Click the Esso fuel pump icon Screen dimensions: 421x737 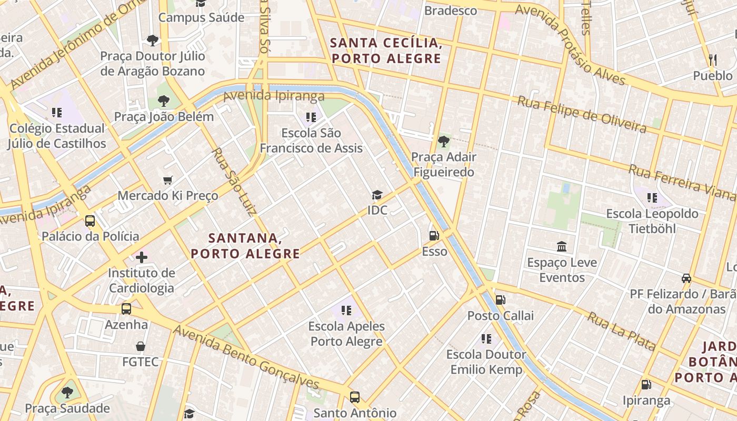pyautogui.click(x=434, y=236)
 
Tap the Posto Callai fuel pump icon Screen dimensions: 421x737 pyautogui.click(x=500, y=300)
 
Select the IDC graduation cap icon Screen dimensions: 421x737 pyautogui.click(x=377, y=195)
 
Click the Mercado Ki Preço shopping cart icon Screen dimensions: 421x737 pyautogui.click(x=168, y=181)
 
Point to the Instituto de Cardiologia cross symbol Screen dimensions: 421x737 pyautogui.click(x=142, y=257)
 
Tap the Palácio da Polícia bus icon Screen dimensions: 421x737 pyautogui.click(x=90, y=221)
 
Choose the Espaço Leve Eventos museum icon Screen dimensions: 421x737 pyautogui.click(x=562, y=247)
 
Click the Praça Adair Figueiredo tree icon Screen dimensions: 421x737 pyautogui.click(x=443, y=141)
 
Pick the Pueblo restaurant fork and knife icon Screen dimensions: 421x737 pyautogui.click(x=713, y=59)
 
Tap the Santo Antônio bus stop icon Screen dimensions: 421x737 pyautogui.click(x=355, y=397)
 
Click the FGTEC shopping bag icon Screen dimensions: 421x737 pyautogui.click(x=141, y=346)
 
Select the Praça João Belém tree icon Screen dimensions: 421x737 pyautogui.click(x=164, y=101)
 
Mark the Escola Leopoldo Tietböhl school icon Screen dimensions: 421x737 pyautogui.click(x=652, y=198)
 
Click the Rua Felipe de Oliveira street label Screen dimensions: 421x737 pyautogui.click(x=581, y=114)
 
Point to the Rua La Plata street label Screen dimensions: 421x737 pyautogui.click(x=621, y=331)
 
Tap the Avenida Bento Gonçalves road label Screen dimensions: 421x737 pyautogui.click(x=246, y=357)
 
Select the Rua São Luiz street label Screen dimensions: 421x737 pyautogui.click(x=233, y=182)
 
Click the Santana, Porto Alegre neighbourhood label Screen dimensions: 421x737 pyautogui.click(x=245, y=246)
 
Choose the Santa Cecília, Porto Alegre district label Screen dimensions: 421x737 pyautogui.click(x=386, y=51)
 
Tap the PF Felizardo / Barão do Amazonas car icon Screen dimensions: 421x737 pyautogui.click(x=686, y=278)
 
